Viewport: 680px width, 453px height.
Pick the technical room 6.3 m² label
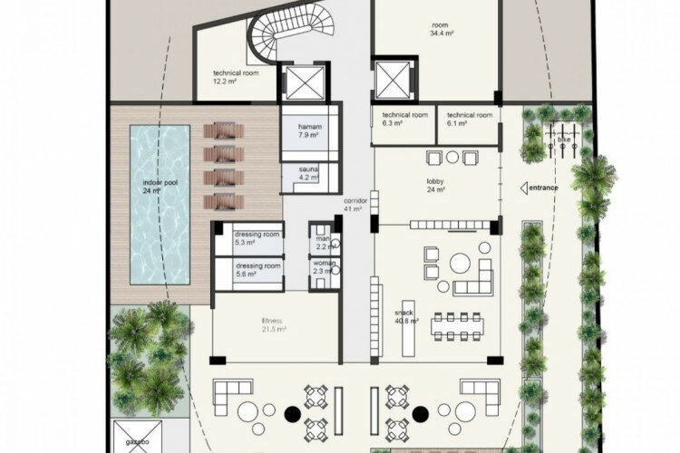(404, 120)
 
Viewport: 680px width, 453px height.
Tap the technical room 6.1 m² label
(470, 120)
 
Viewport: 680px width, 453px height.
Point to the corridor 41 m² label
(354, 205)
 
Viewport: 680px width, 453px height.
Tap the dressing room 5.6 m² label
(259, 270)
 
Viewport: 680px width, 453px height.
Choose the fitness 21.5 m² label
(274, 325)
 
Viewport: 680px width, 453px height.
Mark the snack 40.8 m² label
(406, 316)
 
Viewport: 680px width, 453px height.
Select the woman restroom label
(324, 266)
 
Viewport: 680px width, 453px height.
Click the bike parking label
(565, 141)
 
